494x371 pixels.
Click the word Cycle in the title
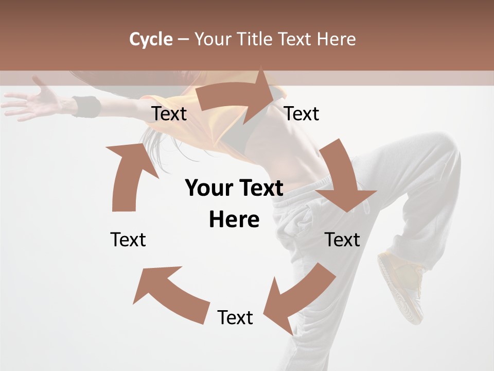coord(151,39)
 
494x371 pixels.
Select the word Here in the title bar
coord(336,39)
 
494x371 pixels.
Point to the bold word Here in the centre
coord(234,220)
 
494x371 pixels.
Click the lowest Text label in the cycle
coord(235,317)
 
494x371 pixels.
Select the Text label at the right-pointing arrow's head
coord(302,113)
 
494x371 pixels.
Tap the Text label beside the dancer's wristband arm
coord(169,113)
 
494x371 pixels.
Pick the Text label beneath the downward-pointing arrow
coord(343,240)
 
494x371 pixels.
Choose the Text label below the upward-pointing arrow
coord(128,240)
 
